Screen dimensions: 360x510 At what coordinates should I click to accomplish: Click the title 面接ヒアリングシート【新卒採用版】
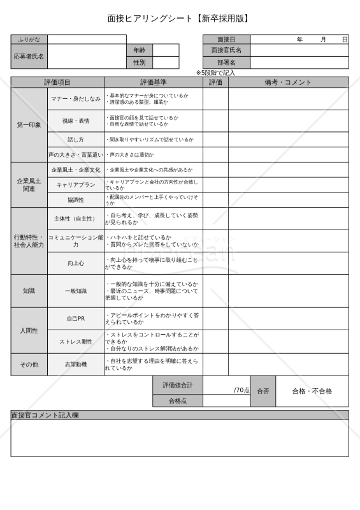[x=180, y=18]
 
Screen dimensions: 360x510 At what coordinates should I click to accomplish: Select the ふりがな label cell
[x=29, y=40]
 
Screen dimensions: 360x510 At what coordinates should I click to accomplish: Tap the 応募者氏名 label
[x=29, y=56]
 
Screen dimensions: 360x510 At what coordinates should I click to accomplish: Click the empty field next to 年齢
[x=166, y=50]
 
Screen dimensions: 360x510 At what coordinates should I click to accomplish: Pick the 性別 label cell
[x=140, y=62]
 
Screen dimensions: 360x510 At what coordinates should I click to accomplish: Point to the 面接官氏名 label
[x=226, y=50]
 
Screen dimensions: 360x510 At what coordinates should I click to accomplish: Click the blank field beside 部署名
[x=299, y=62]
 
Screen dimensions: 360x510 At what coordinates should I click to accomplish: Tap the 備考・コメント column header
[x=288, y=82]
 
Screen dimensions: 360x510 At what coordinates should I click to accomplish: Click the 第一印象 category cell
[x=29, y=125]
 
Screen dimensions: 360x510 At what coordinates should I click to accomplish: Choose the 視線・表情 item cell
[x=76, y=121]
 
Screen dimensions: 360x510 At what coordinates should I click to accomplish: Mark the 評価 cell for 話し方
[x=215, y=140]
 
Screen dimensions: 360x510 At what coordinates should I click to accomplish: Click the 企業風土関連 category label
[x=29, y=185]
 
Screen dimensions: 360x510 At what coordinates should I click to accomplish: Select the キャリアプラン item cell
[x=76, y=185]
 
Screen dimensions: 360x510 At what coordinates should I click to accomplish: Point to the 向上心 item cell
[x=76, y=263]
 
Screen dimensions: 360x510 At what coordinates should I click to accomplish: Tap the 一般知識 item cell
[x=76, y=291]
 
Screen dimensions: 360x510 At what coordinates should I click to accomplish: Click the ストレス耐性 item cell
[x=76, y=342]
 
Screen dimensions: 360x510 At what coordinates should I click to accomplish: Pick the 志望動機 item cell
[x=76, y=364]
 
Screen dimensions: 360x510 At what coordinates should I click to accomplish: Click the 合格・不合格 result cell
[x=312, y=391]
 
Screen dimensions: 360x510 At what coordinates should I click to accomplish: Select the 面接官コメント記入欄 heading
[x=50, y=415]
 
